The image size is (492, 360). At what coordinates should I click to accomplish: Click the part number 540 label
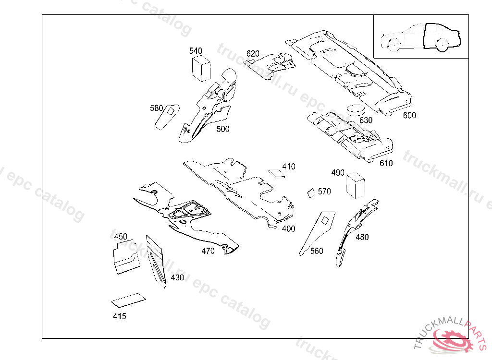pyautogui.click(x=196, y=51)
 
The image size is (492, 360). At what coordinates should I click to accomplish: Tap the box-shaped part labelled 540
pyautogui.click(x=201, y=68)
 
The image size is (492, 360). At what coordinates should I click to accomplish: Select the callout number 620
pyautogui.click(x=253, y=53)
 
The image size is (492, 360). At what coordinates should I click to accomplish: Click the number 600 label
pyautogui.click(x=409, y=115)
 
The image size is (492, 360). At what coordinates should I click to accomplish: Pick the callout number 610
pyautogui.click(x=386, y=163)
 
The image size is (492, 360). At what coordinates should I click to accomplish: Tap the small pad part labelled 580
pyautogui.click(x=166, y=118)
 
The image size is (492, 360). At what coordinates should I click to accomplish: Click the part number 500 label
pyautogui.click(x=222, y=129)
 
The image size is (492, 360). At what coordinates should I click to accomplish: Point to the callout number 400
pyautogui.click(x=288, y=229)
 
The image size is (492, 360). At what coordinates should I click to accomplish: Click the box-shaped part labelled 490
pyautogui.click(x=355, y=185)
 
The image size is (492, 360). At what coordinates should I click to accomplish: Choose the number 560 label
pyautogui.click(x=317, y=251)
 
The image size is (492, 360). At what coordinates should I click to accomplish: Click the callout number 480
pyautogui.click(x=362, y=237)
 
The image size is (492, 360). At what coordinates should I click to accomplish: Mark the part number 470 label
pyautogui.click(x=208, y=251)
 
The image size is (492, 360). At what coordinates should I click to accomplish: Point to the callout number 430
pyautogui.click(x=177, y=278)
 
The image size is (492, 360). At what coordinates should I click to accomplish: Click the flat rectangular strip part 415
pyautogui.click(x=128, y=300)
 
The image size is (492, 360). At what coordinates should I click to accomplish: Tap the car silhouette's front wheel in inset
pyautogui.click(x=393, y=44)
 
